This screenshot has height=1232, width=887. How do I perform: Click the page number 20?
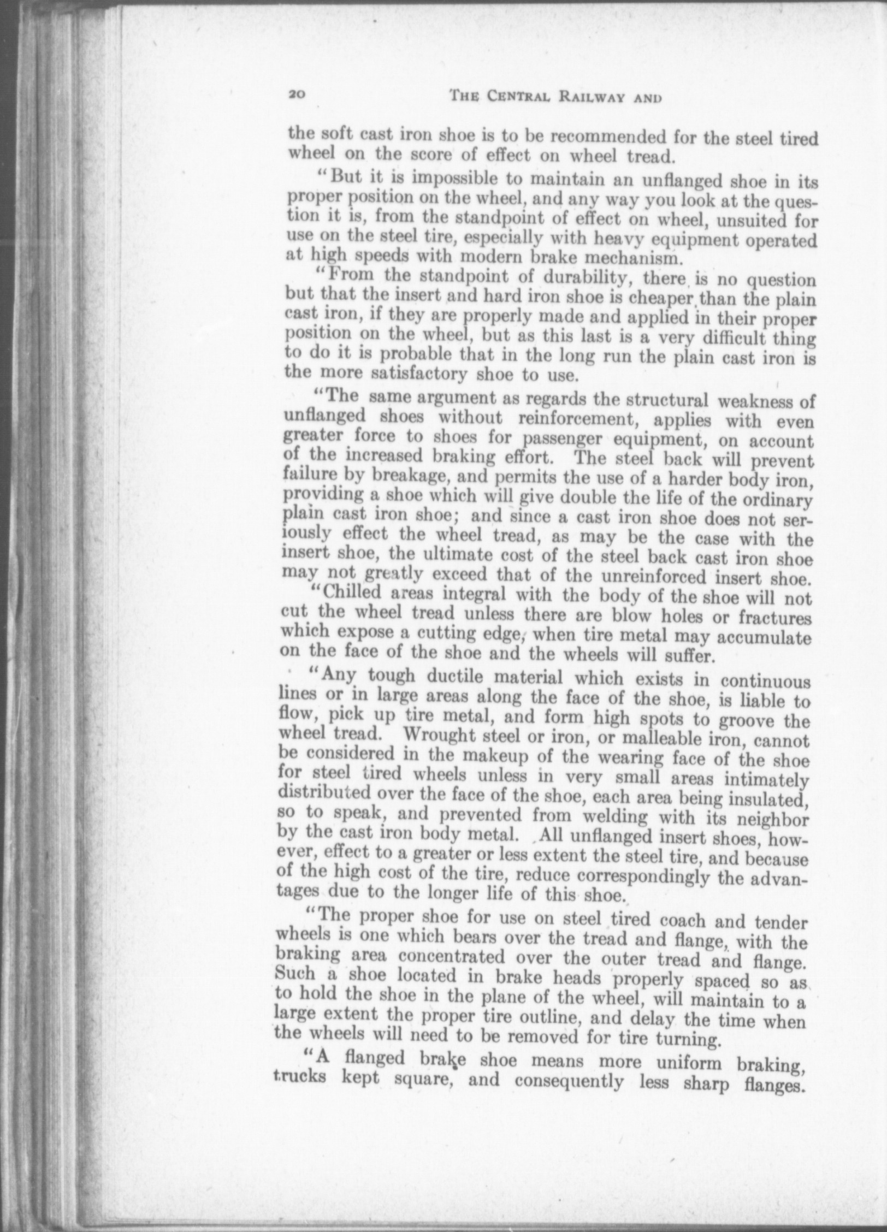(x=297, y=94)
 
